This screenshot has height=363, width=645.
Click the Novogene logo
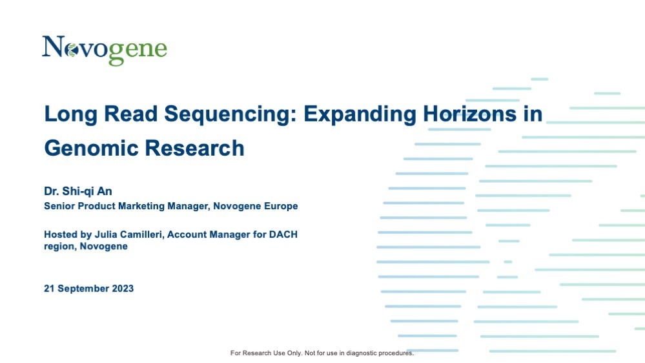(105, 50)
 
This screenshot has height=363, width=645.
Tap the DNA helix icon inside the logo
(72, 50)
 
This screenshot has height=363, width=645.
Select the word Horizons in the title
(470, 114)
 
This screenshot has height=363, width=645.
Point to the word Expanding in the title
(360, 115)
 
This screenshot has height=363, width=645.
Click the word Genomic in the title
(91, 149)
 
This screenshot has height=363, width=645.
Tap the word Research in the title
(194, 148)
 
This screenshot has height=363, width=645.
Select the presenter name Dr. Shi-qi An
(78, 191)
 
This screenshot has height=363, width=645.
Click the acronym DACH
(283, 234)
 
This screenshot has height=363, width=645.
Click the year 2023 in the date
(123, 289)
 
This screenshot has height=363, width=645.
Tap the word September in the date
(83, 289)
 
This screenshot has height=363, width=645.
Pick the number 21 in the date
(49, 289)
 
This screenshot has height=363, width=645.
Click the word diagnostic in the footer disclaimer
(362, 353)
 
